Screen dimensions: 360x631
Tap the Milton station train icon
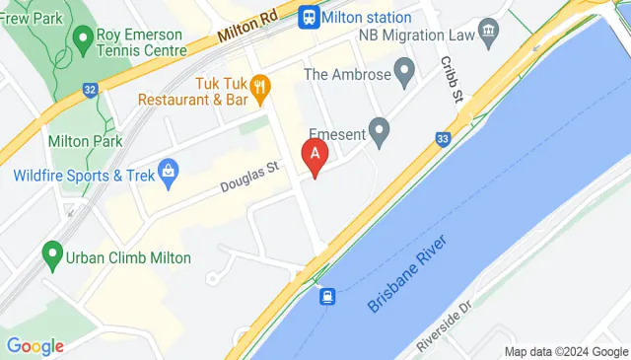(x=309, y=16)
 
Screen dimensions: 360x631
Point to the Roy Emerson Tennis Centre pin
(x=82, y=40)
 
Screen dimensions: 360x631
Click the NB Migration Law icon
(x=489, y=36)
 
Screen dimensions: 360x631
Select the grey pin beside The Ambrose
(x=403, y=72)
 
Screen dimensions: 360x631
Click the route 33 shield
(x=443, y=139)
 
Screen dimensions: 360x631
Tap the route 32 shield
(x=91, y=90)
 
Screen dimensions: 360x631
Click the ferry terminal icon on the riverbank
(x=326, y=295)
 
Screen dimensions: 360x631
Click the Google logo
(x=35, y=345)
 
